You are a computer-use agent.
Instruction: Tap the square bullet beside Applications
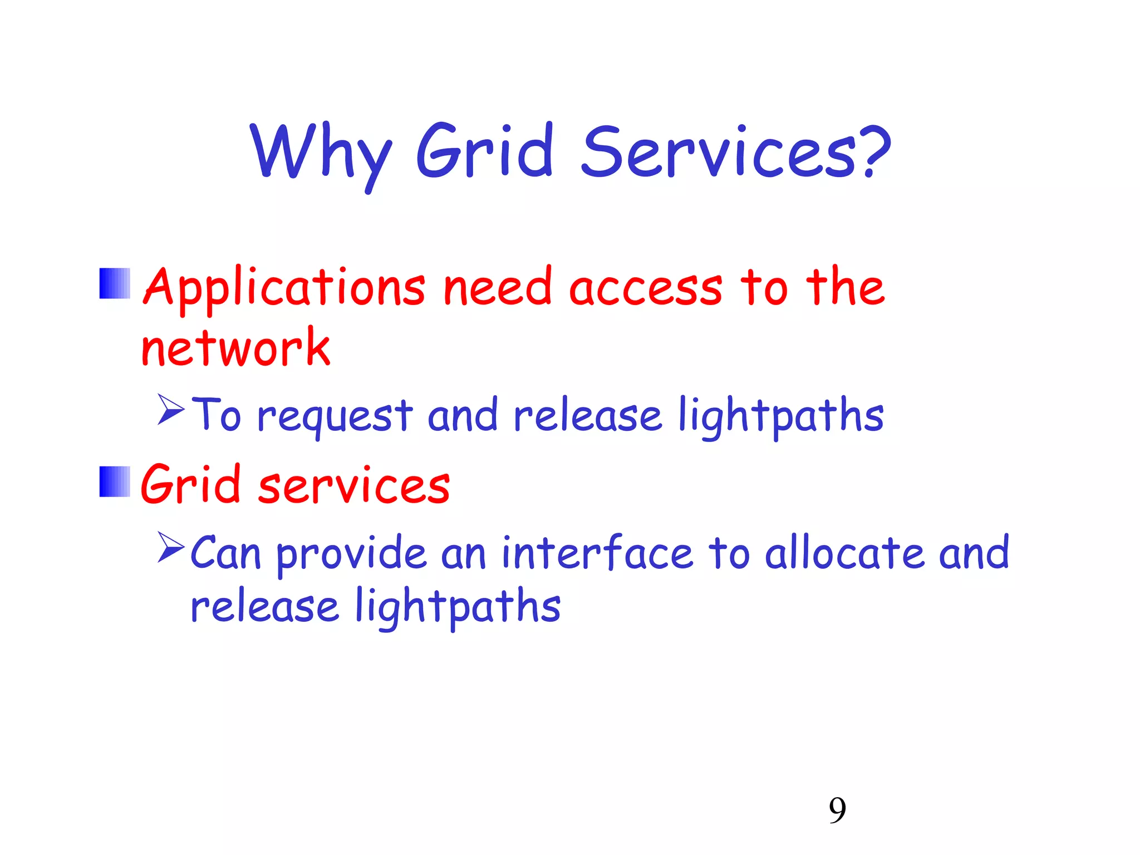pos(115,283)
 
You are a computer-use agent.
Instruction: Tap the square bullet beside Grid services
pos(115,481)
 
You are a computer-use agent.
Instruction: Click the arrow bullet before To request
pos(170,410)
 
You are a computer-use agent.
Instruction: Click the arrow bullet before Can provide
pos(170,547)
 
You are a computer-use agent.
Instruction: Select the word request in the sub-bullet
pos(335,416)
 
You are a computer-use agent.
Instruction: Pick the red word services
pos(354,485)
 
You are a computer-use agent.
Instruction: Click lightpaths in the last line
pos(458,607)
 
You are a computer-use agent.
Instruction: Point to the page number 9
pos(837,810)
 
